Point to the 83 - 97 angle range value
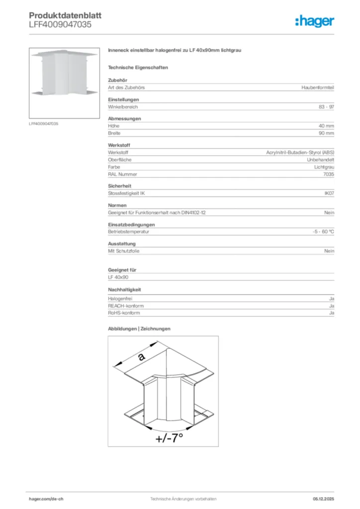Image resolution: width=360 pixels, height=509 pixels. coord(327,107)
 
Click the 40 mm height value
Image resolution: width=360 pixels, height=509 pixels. coord(326,126)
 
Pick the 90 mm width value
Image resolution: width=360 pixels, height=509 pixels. coord(326,133)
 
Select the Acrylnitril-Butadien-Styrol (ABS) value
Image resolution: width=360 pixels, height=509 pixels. coord(300,153)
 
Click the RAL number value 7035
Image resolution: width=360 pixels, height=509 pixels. coord(329,174)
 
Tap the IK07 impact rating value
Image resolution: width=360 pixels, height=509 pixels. coord(329,193)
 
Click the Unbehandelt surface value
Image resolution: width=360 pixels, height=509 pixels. coord(321,160)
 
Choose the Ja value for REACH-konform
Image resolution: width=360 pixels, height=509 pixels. coord(331,306)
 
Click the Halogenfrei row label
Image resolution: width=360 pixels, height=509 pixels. coord(120,299)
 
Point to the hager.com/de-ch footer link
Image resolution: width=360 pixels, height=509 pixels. coord(46,499)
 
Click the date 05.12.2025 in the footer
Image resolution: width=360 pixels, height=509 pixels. coord(323,499)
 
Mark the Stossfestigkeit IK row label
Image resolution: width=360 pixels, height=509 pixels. coord(126,193)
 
